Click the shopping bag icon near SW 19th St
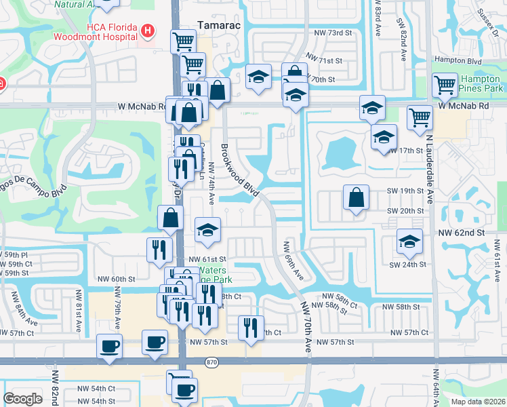(356, 198)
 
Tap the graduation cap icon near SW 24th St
(409, 241)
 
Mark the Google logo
(22, 399)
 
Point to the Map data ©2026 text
(477, 402)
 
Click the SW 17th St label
(409, 150)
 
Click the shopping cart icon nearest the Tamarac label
(182, 43)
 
